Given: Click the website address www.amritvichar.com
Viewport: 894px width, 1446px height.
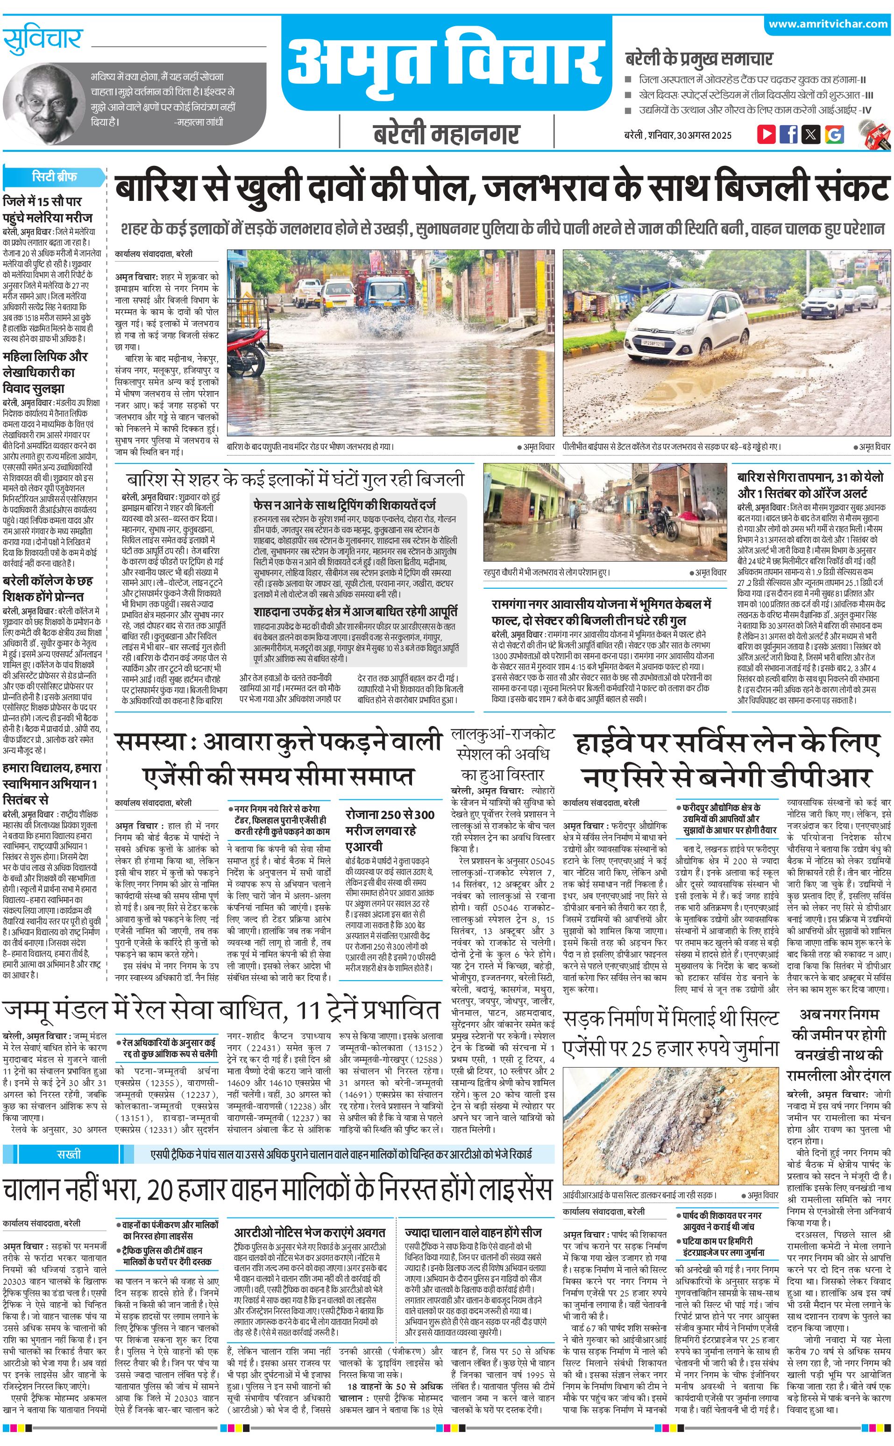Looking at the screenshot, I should tap(828, 24).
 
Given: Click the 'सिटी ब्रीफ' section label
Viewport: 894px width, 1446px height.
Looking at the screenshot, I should tap(54, 177).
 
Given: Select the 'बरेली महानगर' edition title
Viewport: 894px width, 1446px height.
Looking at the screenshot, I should tap(447, 134).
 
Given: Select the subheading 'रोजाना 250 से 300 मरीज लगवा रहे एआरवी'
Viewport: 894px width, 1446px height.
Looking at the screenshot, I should tap(390, 830).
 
